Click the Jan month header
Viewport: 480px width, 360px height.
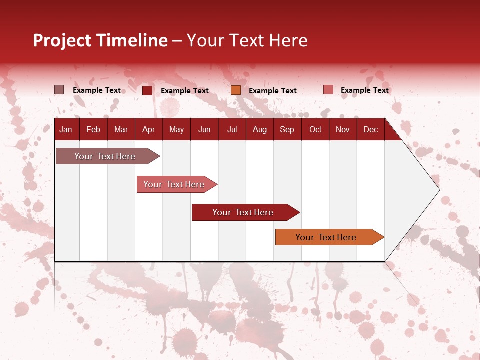[x=66, y=130]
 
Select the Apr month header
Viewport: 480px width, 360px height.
[x=149, y=130]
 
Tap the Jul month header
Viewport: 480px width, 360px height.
[x=232, y=130]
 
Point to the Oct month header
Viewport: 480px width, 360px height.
[x=315, y=130]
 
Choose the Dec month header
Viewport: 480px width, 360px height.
[x=370, y=130]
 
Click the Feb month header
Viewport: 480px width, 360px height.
[x=93, y=130]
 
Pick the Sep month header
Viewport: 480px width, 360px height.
[x=287, y=130]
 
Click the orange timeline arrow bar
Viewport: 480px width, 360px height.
[x=330, y=237]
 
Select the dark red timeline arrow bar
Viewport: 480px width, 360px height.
[x=246, y=212]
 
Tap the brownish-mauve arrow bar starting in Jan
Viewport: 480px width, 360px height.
[x=108, y=156]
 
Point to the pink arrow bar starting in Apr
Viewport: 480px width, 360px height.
[x=177, y=184]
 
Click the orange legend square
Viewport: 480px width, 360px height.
[x=236, y=90]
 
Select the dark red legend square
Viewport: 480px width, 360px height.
[x=147, y=90]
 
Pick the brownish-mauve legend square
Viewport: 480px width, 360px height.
[x=59, y=90]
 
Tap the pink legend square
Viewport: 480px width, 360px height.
[x=328, y=89]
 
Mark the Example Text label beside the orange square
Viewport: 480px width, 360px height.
[x=273, y=91]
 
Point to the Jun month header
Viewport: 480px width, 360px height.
[x=204, y=130]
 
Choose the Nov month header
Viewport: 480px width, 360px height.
[x=343, y=130]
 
